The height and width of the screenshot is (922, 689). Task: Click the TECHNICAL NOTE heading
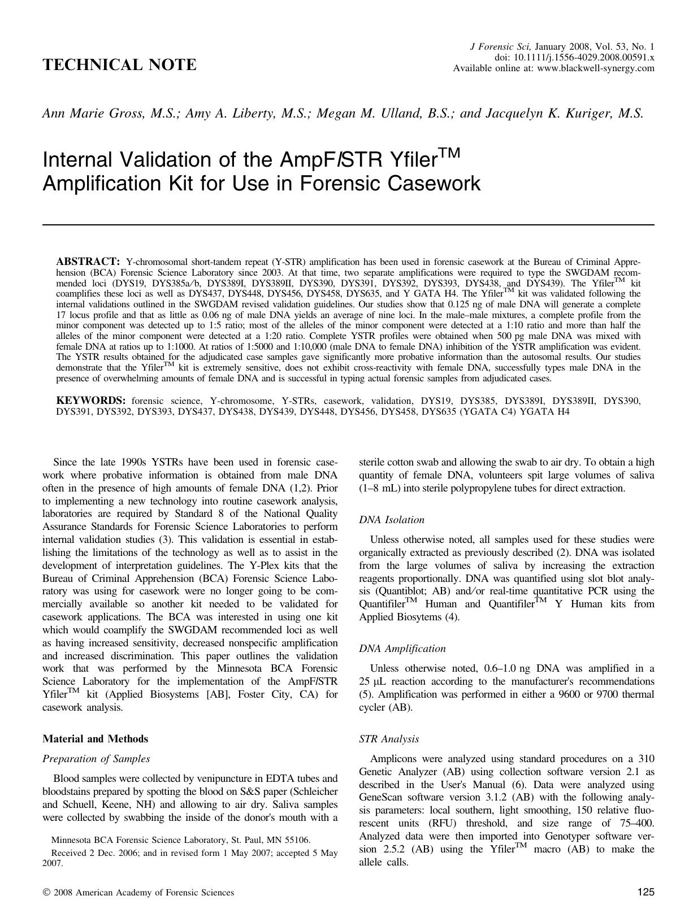[119, 65]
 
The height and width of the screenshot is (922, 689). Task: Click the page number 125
[645, 893]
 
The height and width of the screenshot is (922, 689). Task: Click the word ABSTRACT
[88, 262]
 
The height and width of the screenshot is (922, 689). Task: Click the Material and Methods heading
[95, 739]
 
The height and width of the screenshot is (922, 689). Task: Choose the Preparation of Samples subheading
[96, 759]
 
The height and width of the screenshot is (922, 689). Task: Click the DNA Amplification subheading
[402, 649]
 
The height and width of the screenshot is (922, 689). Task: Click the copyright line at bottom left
[138, 893]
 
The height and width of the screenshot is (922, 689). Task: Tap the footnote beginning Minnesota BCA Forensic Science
[180, 840]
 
